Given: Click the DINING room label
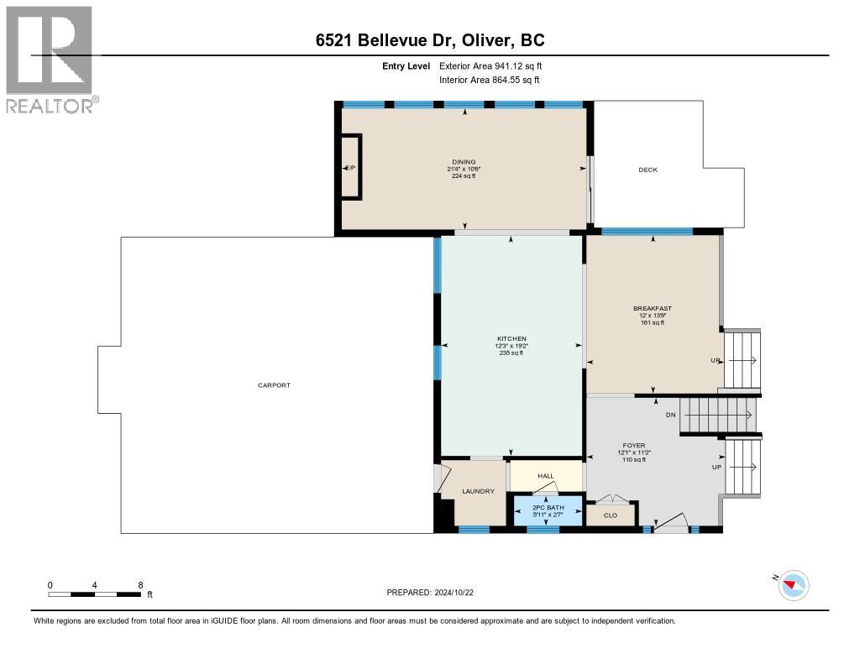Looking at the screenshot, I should pos(464,162).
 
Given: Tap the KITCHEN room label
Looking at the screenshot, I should pos(511,339).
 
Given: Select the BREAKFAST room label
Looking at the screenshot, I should pos(653,308).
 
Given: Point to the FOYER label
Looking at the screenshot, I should pos(632,446).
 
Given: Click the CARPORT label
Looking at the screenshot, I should pos(274,385).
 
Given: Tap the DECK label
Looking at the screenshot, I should pos(648,170).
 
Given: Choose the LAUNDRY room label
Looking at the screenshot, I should pos(477,491).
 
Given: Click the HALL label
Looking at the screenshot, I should pos(546,476).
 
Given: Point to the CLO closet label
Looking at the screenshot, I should pos(611,515).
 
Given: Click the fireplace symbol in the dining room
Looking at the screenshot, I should pos(350,168).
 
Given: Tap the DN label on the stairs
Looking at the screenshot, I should pos(670,416).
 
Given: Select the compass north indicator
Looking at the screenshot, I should pos(793,584).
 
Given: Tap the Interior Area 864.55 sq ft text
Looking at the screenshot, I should pos(489,80).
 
